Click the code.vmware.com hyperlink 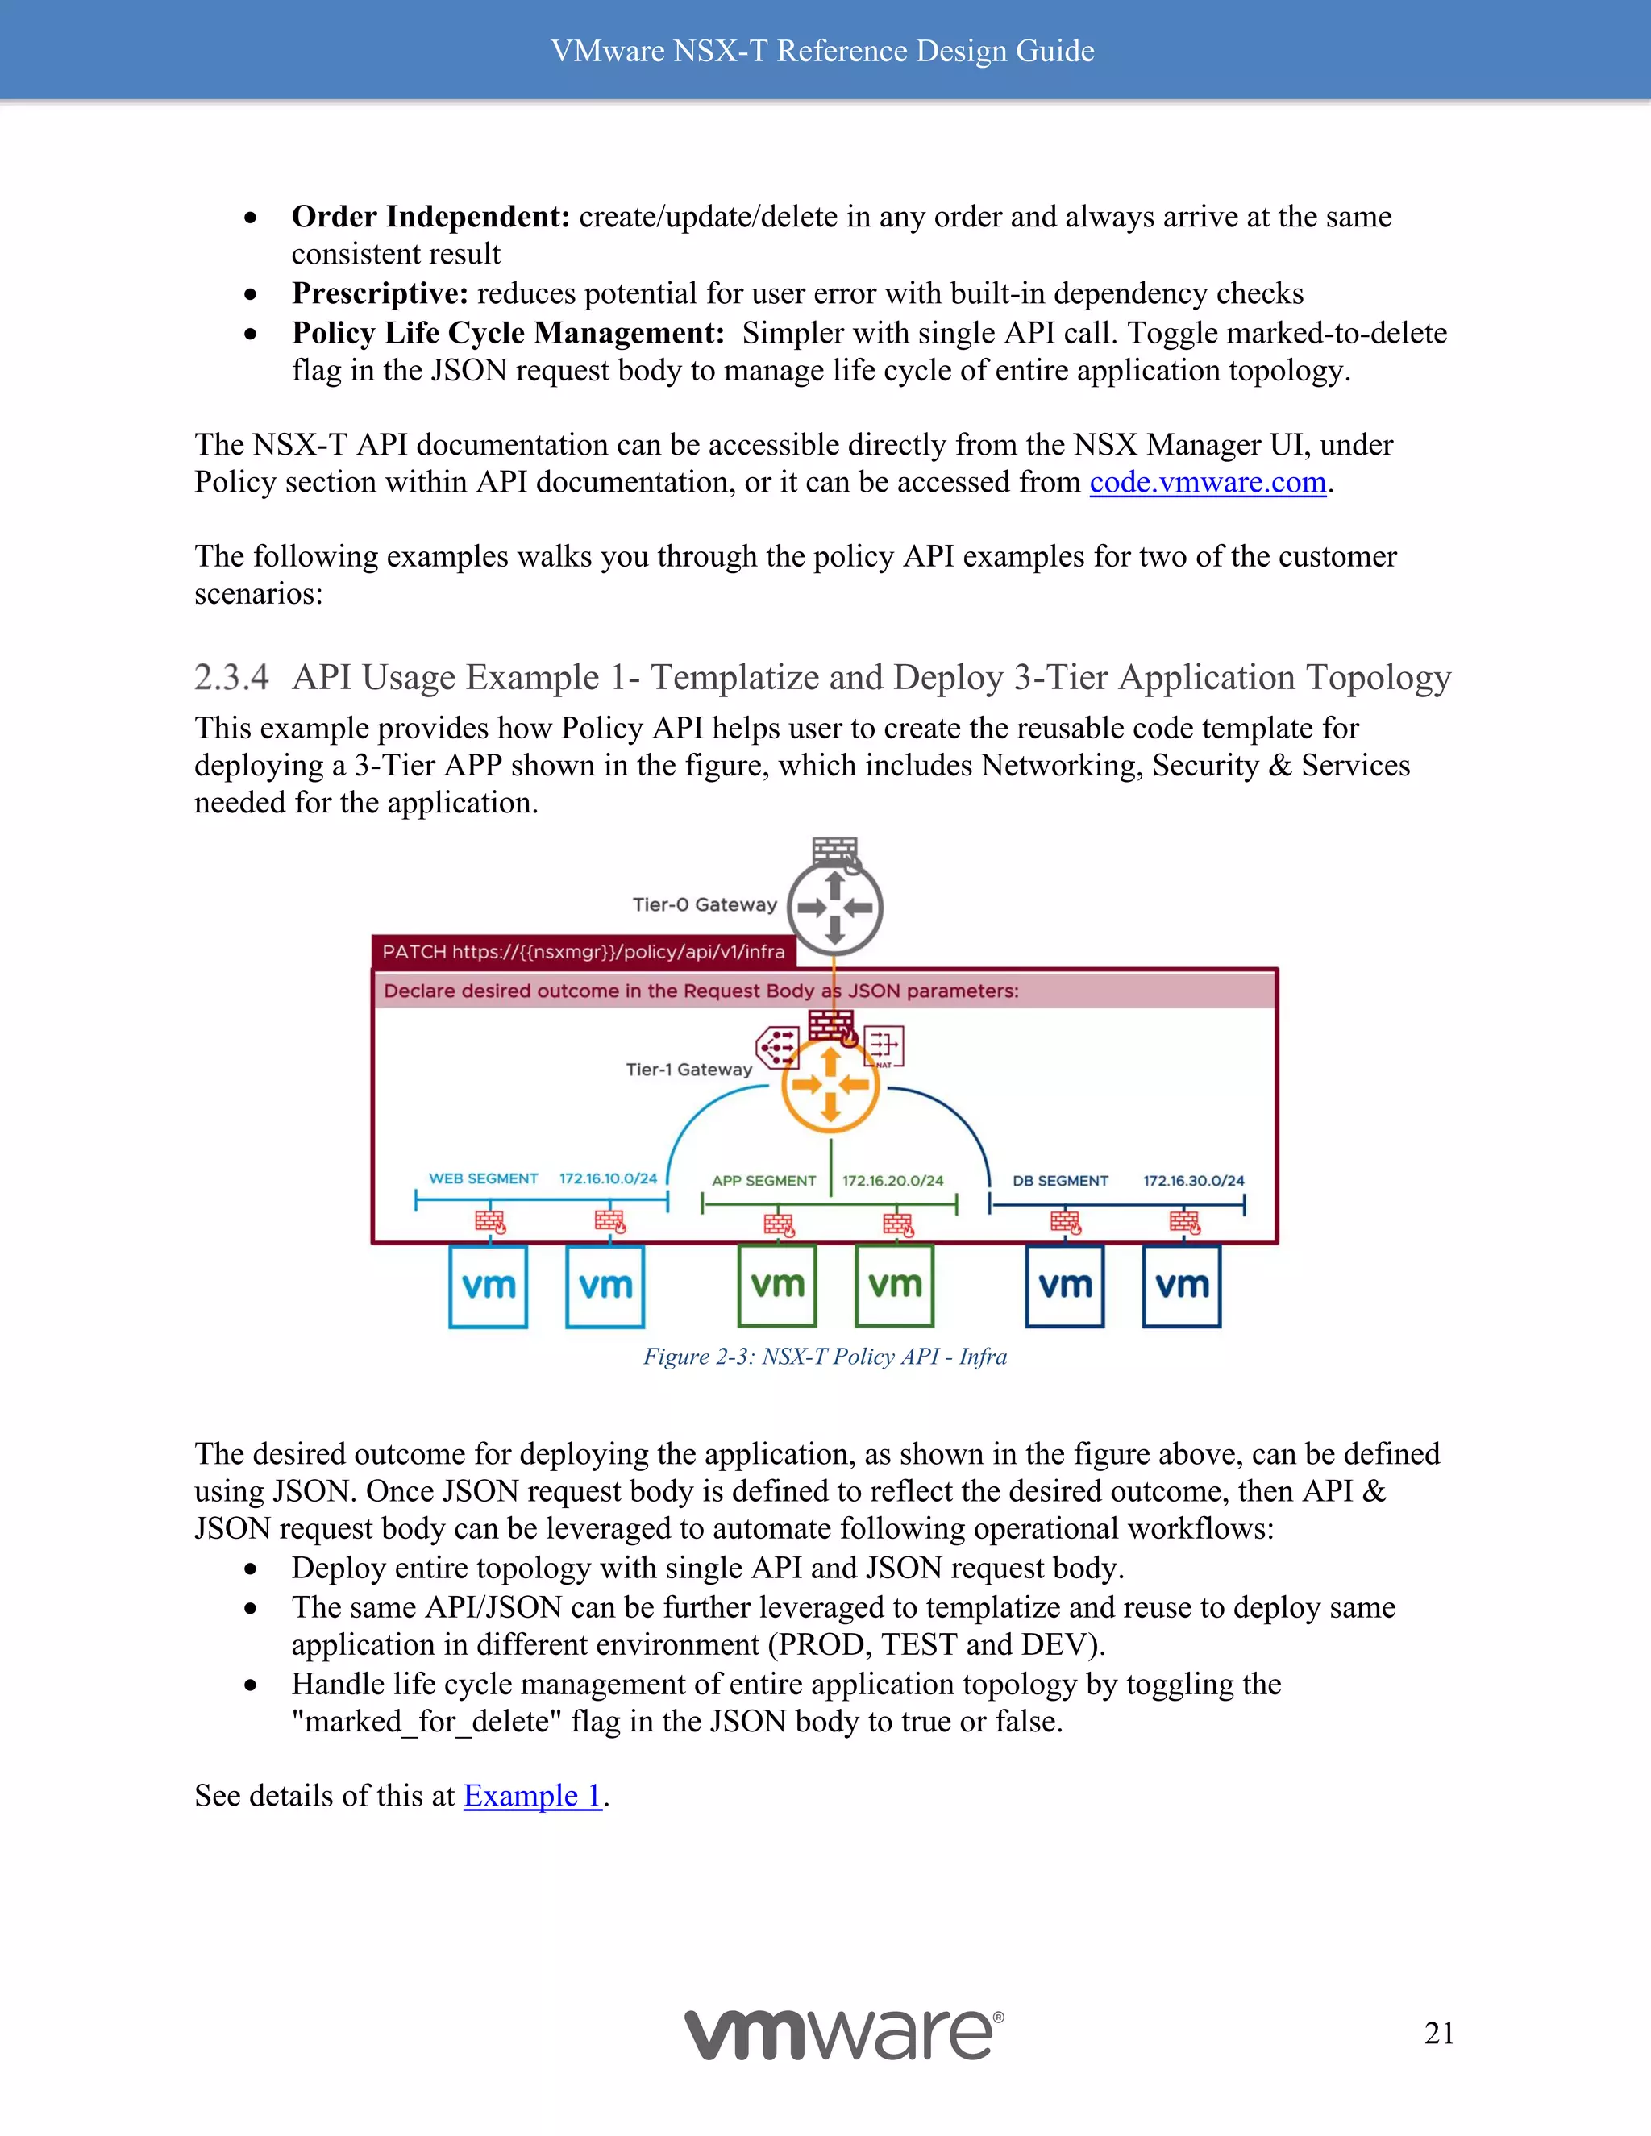click(1207, 482)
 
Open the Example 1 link click(532, 1796)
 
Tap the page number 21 click(1439, 2034)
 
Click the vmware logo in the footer click(843, 2034)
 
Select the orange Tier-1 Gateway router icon click(830, 1085)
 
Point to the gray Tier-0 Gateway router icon click(834, 908)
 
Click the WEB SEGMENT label click(483, 1178)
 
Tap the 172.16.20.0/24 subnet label click(892, 1181)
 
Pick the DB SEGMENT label click(1060, 1181)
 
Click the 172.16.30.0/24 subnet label click(1193, 1181)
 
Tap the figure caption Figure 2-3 click(825, 1357)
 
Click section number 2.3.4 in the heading click(231, 677)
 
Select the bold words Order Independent click(430, 216)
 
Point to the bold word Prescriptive click(380, 293)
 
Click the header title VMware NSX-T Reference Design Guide click(822, 51)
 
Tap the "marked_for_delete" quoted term click(426, 1722)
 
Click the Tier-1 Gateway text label click(688, 1070)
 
